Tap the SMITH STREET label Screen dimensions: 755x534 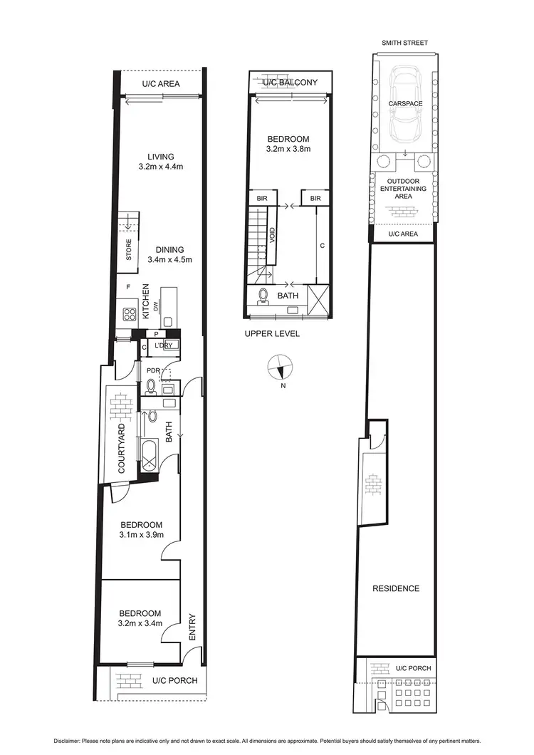click(x=404, y=43)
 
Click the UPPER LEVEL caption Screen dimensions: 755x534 click(x=271, y=333)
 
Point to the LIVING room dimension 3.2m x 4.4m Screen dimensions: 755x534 click(x=161, y=167)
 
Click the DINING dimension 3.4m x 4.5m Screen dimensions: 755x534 click(x=166, y=260)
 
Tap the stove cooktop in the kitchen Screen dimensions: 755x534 click(x=130, y=313)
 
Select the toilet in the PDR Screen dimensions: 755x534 click(x=150, y=387)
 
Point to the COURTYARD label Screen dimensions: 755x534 click(x=122, y=449)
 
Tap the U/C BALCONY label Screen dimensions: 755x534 click(x=289, y=83)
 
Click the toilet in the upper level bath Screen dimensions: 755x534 click(x=263, y=295)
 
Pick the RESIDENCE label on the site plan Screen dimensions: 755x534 click(x=397, y=588)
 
